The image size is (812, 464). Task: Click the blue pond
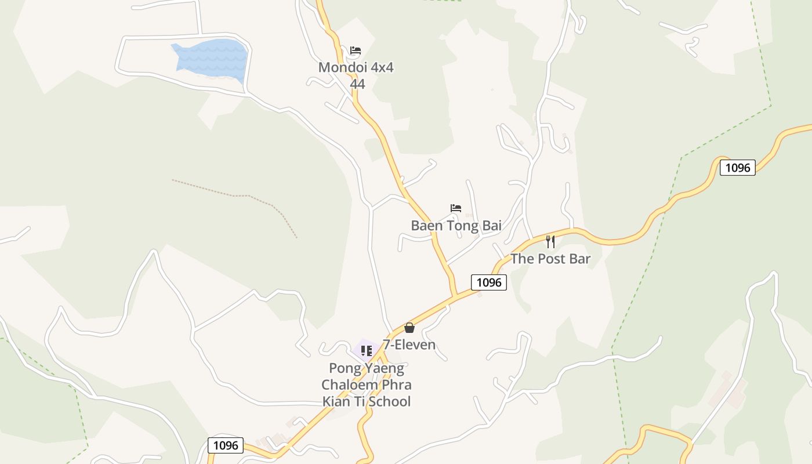click(212, 57)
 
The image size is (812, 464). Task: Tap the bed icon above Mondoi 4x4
click(356, 50)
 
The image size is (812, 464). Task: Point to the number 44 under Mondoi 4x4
click(357, 84)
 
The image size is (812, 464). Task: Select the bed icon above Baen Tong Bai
click(456, 208)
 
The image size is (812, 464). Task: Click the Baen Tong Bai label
click(456, 226)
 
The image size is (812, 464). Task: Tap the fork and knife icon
click(550, 241)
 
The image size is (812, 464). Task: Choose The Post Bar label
click(550, 259)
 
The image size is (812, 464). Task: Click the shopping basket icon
click(409, 328)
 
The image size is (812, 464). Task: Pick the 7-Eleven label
click(409, 345)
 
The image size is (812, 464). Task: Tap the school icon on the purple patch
click(366, 350)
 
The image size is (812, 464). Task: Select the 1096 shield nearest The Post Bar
click(488, 282)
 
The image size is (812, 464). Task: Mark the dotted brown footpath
click(244, 196)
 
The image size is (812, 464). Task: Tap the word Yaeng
click(383, 368)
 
